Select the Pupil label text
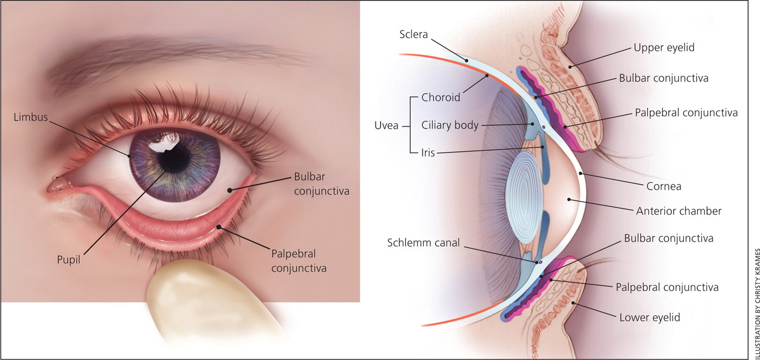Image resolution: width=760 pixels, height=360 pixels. click(x=68, y=260)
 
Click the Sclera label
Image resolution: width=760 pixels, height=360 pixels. click(x=414, y=35)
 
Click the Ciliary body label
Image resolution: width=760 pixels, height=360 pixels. click(x=450, y=125)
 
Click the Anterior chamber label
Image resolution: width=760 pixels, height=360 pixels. click(x=679, y=211)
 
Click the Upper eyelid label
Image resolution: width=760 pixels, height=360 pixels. click(x=664, y=48)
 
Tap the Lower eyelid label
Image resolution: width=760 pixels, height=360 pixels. click(x=649, y=317)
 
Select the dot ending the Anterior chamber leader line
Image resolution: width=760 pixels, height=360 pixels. click(x=569, y=200)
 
